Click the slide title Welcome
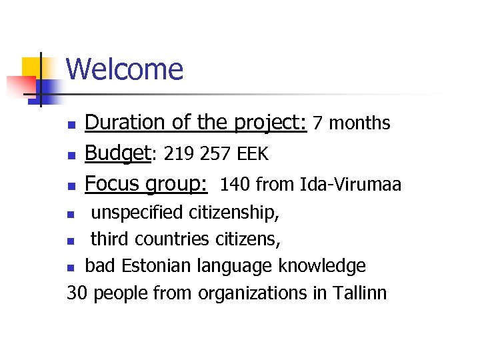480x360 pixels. pos(125,69)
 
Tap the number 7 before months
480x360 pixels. pos(318,123)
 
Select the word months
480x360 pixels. pos(360,123)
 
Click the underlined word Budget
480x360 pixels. pos(117,154)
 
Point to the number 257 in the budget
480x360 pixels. pos(209,155)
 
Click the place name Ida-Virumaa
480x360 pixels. pos(351,185)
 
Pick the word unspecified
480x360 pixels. pos(137,213)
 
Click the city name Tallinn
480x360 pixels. pos(359,293)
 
